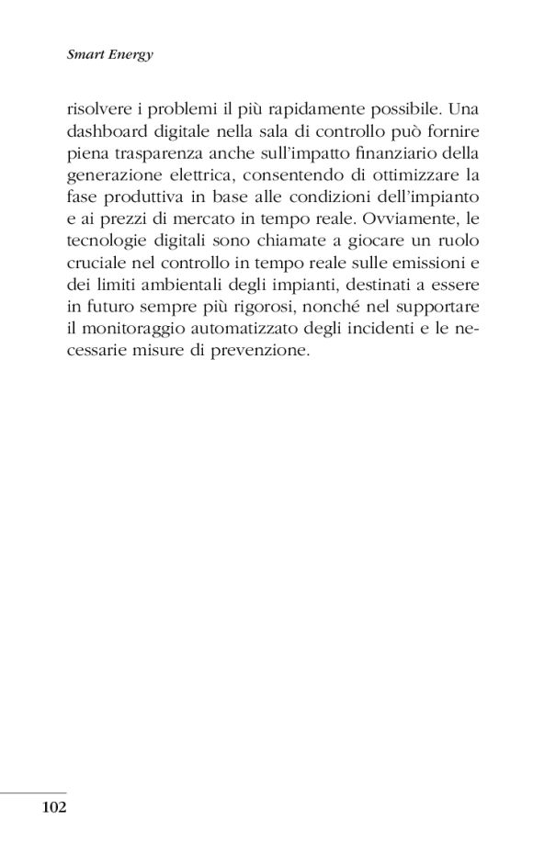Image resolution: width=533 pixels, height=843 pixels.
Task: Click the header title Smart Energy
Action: [x=109, y=55]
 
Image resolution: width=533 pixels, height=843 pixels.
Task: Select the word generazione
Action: [x=114, y=178]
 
